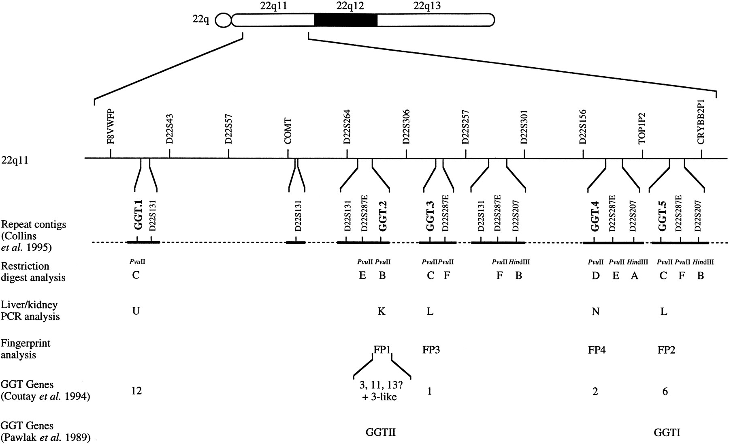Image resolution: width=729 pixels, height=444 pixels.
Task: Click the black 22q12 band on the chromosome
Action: [346, 20]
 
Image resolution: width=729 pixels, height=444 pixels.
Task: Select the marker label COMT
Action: [288, 131]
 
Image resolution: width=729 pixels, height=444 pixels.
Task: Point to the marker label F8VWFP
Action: [111, 127]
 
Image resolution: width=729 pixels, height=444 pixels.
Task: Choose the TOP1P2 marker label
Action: [642, 129]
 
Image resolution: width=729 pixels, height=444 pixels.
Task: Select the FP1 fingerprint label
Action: [382, 349]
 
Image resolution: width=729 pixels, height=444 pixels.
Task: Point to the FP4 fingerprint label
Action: [597, 349]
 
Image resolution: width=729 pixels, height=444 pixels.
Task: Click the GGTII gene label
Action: [380, 432]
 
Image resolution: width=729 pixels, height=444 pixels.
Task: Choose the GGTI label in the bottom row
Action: [667, 432]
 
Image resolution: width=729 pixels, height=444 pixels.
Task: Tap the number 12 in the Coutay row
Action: [137, 391]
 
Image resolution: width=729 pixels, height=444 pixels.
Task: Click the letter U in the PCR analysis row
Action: [136, 311]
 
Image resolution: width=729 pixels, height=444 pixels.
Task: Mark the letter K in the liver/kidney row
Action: [382, 311]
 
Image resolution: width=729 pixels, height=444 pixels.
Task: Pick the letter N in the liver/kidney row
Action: [595, 311]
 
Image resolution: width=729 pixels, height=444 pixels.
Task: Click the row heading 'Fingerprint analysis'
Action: [26, 349]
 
